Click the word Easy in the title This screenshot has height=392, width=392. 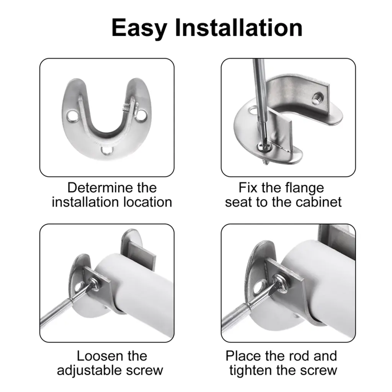coord(139,28)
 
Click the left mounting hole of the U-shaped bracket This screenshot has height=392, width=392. coord(72,116)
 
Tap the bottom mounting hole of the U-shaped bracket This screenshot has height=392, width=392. coord(106,150)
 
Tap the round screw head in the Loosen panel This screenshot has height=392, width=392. coord(94,285)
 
